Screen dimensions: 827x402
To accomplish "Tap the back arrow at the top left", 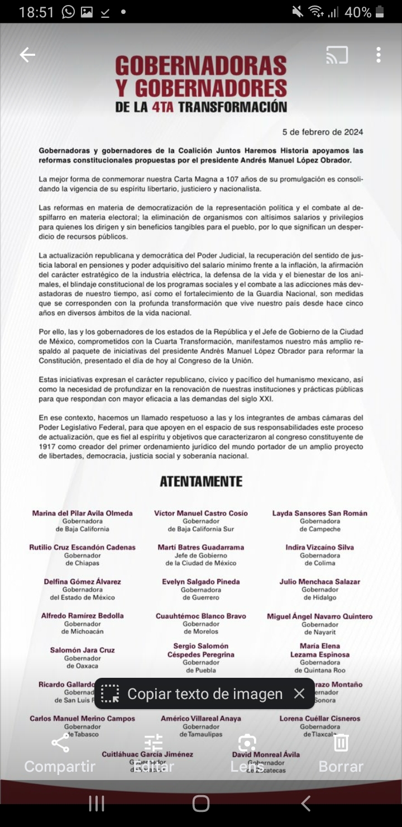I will coord(27,54).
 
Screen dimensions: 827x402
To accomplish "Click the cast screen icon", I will coord(337,55).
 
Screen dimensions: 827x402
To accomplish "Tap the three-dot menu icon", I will coord(379,55).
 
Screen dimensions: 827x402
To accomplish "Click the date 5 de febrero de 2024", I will coord(323,132).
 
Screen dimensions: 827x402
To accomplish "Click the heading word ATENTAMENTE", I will coord(201,482).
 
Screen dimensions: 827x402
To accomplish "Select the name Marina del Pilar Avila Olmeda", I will coord(83,513).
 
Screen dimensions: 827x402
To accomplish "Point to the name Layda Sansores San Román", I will coord(320,513).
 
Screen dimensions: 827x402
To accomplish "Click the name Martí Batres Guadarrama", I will coord(200,548).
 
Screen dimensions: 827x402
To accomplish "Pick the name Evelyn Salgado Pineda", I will coord(201,582).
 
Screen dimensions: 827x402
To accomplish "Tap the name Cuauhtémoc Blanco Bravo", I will coord(201,616).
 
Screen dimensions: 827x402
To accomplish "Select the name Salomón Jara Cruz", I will coord(83,650).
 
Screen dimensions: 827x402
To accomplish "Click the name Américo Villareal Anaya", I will coord(201,719).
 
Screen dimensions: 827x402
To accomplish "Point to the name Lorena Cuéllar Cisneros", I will coord(320,719).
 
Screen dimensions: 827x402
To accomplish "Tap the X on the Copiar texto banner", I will coord(299,693).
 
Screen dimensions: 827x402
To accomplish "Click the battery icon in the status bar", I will coord(380,12).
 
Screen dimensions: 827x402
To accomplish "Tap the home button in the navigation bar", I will coord(201,804).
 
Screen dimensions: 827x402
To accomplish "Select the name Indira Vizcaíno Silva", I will coord(320,548).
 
